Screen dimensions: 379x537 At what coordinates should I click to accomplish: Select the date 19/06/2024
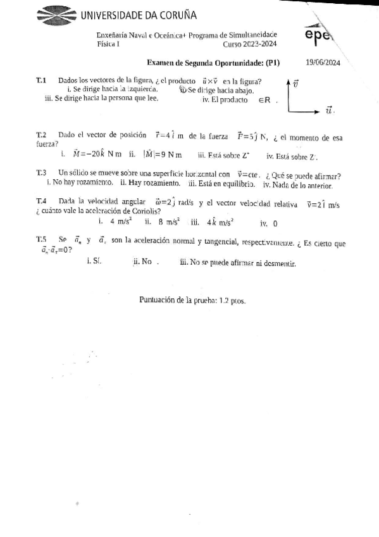[323, 63]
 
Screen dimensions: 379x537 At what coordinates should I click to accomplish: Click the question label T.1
[42, 80]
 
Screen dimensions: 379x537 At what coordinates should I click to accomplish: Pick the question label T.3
[42, 172]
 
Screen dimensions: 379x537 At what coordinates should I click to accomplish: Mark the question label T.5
[42, 239]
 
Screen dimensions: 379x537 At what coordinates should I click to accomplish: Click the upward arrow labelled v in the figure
[289, 95]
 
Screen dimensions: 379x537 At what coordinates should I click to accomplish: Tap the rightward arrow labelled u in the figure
[313, 111]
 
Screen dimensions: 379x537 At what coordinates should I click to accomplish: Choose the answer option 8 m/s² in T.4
[168, 222]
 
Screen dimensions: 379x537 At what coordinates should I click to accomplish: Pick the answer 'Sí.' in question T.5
[97, 261]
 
